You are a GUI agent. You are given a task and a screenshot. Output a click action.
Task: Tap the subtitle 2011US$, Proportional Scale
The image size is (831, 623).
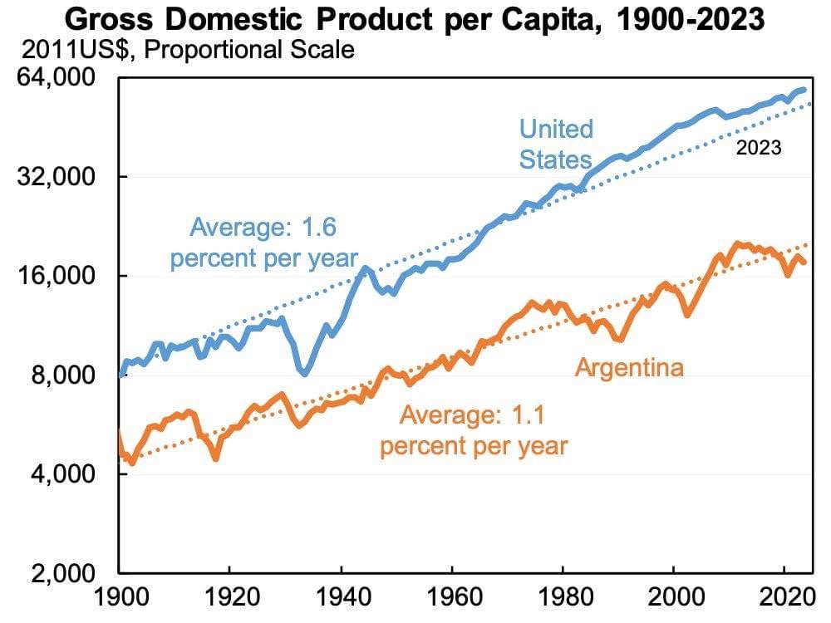coord(188,51)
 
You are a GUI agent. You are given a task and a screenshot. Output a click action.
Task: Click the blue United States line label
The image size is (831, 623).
coord(556,144)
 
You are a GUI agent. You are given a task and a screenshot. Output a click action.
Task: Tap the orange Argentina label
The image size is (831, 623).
coord(629,367)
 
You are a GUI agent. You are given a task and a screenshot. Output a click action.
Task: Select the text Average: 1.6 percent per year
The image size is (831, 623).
coord(263,242)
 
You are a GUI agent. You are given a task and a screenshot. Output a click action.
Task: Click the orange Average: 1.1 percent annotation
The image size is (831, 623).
coord(474,430)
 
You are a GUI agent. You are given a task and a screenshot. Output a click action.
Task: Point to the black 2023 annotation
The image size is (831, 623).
coord(759,148)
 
